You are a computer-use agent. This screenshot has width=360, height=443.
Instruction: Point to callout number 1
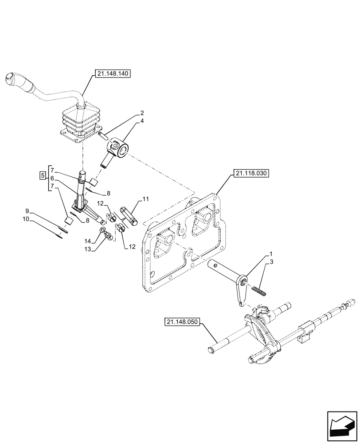pyautogui.click(x=270, y=256)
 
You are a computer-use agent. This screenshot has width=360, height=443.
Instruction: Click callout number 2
pyautogui.click(x=130, y=113)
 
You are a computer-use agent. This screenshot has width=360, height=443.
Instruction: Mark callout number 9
pyautogui.click(x=27, y=210)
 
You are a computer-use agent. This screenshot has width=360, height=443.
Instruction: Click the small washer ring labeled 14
pyautogui.click(x=103, y=230)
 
